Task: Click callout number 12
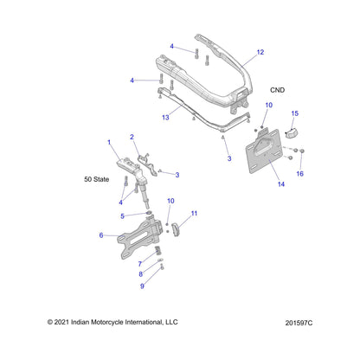[x=260, y=52]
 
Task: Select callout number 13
[x=165, y=118]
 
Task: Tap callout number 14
[x=281, y=184]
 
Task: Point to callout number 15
[x=294, y=113]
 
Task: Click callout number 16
[x=299, y=174]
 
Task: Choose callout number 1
[x=109, y=142]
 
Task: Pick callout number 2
[x=132, y=137]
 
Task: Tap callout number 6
[x=101, y=235]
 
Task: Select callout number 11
[x=194, y=214]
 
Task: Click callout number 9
[x=142, y=286]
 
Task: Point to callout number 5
[x=122, y=216]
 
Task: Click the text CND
[x=277, y=90]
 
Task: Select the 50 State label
[x=97, y=179]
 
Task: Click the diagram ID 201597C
[x=299, y=323]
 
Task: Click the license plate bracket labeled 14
[x=263, y=151]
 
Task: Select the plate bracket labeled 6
[x=140, y=237]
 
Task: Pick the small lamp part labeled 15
[x=292, y=133]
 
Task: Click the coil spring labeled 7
[x=157, y=250]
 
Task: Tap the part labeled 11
[x=176, y=229]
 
